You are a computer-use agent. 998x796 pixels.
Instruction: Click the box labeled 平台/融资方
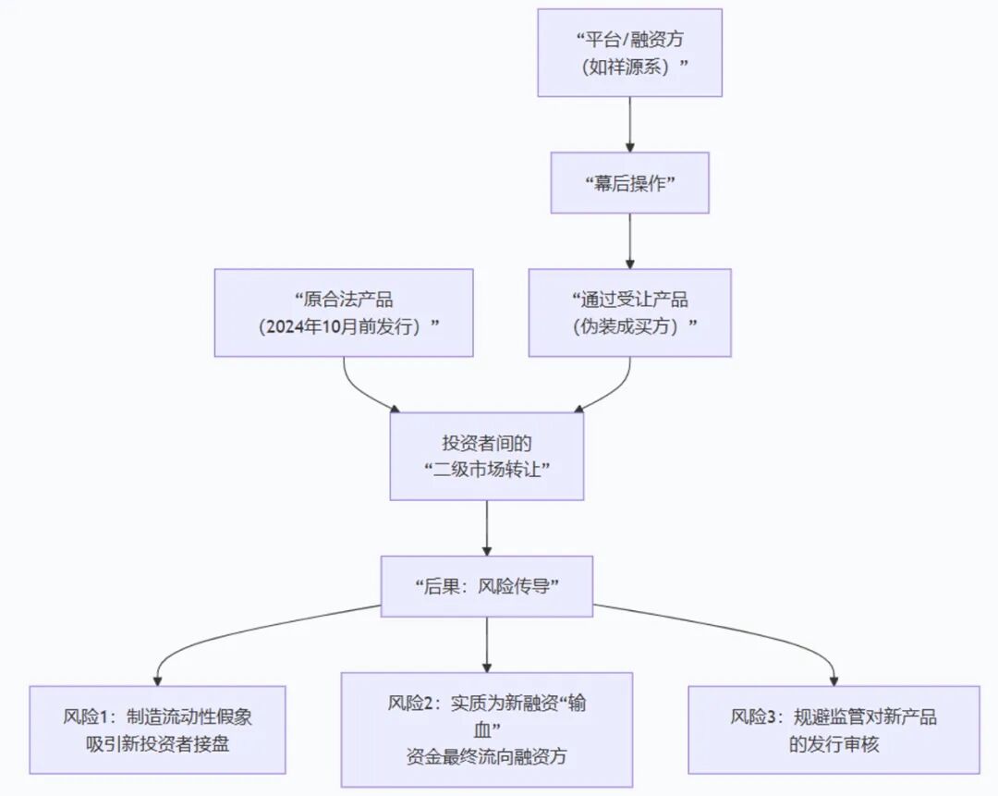coord(629,53)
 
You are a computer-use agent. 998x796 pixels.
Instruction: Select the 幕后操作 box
coord(629,182)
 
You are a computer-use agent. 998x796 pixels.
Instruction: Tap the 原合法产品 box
coord(344,312)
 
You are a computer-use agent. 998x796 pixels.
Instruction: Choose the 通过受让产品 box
coord(629,312)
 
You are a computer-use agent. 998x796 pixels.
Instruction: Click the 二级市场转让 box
coord(486,456)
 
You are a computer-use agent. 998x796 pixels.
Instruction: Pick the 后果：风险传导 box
coord(486,586)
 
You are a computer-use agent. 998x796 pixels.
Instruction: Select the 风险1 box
coord(157,729)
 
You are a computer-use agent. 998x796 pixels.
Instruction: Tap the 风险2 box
coord(486,729)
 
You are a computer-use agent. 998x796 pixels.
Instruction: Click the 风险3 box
coord(834,729)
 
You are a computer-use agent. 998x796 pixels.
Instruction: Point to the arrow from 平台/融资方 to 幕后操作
coord(630,124)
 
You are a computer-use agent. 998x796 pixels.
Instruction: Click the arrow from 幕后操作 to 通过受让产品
coord(630,240)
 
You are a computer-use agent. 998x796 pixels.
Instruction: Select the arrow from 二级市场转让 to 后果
coord(487,527)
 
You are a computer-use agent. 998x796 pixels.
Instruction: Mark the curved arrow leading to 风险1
coord(231,633)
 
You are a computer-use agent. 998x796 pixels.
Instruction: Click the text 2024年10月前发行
coord(344,326)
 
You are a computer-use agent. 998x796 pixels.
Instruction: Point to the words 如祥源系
coord(629,67)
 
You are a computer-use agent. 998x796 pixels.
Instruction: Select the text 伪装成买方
coord(629,326)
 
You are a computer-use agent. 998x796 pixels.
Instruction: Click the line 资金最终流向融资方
coord(486,757)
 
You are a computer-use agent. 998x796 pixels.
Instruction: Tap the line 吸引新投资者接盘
coord(157,743)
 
